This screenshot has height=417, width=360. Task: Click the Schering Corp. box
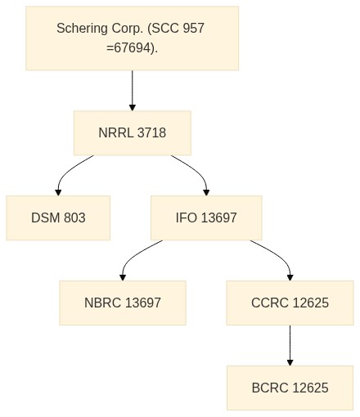coord(133,38)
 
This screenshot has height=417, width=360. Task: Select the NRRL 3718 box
coord(133,133)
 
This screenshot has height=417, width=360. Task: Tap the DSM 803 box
coord(58,217)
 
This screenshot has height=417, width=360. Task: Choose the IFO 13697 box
coord(206,217)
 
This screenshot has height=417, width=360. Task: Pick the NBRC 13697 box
coord(123,303)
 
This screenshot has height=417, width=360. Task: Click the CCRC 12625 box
coord(290,303)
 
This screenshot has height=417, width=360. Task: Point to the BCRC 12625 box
coord(290,388)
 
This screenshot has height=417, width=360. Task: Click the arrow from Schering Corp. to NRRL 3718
coord(133,91)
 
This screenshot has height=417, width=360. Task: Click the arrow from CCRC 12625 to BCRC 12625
coord(290,345)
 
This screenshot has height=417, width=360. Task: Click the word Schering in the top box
coord(82,29)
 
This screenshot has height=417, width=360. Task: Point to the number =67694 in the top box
coord(128,48)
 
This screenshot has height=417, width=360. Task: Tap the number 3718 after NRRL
coord(151,133)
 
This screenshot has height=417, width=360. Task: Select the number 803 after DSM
coord(74,217)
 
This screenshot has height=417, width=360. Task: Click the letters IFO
coord(187,217)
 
